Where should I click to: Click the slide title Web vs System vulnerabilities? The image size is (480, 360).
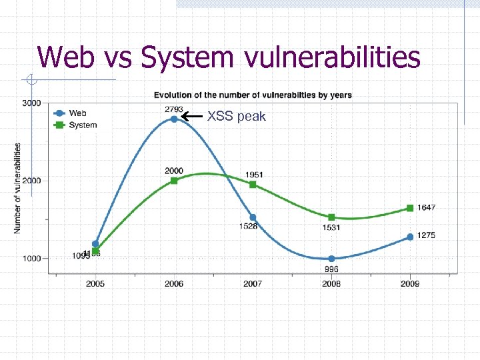pos(229,57)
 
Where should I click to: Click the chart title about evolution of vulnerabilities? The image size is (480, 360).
pos(253,95)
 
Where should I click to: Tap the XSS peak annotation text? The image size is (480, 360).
pos(236,117)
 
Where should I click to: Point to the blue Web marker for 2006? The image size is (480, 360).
pos(174,119)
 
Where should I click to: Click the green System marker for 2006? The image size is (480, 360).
pos(174,181)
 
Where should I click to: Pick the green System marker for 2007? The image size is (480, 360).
pos(253,184)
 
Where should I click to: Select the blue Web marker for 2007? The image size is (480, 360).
pos(253,217)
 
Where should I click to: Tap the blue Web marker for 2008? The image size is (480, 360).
pos(331,259)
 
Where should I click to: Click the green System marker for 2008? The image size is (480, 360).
pos(331,217)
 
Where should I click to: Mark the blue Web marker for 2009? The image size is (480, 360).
pos(410,237)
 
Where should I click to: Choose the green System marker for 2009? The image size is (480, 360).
pos(410,208)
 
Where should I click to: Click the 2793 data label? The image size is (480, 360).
pos(174,109)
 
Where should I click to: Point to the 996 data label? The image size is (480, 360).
pos(331,269)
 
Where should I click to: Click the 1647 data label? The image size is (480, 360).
pos(426,208)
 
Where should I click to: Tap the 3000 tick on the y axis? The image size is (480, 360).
pos(31,103)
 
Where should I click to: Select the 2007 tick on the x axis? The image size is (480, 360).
pos(253,284)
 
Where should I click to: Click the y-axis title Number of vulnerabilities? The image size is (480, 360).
pos(17,188)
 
